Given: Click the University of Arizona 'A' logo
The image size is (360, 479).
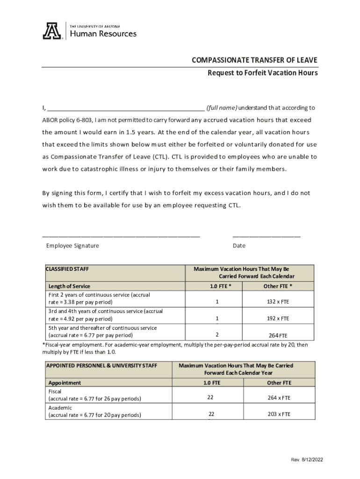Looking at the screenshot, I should point(52,31).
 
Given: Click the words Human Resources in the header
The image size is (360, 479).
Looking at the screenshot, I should point(103,34).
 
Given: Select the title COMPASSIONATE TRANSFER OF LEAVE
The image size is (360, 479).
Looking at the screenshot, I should point(254,60).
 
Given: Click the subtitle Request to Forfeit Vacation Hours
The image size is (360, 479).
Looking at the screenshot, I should point(263,73).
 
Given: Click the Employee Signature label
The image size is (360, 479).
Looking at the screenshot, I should point(72,246).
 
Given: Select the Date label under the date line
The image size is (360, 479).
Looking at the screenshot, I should point(239,246).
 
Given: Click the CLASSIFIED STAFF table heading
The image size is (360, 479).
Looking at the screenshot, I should point(67,269).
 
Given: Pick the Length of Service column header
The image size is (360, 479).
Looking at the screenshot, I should point(69,286).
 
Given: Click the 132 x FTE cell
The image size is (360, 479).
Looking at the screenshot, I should point(278,302).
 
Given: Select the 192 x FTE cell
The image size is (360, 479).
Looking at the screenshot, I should point(278,319).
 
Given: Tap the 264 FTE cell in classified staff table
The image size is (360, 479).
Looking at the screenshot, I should point(278,335).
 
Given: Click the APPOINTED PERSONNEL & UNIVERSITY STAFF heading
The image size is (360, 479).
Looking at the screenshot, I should point(101,365).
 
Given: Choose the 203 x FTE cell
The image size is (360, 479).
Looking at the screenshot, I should point(279,414).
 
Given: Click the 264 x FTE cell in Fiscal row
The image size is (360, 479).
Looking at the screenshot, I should point(279,398).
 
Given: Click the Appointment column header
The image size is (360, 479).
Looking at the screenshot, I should point(65,383).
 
